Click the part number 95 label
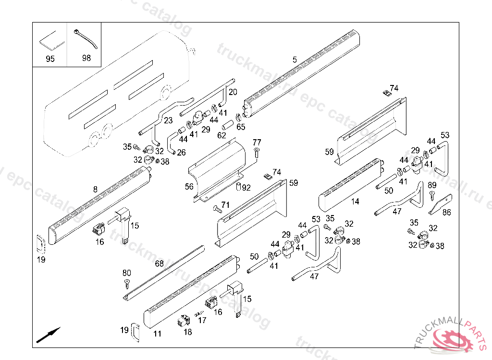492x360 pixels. point(49,59)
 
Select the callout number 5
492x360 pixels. point(295,60)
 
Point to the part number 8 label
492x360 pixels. point(95,190)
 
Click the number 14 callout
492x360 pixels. point(355,202)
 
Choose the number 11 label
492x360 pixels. point(157,334)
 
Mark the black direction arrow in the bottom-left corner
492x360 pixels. point(48,334)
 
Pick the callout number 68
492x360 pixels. point(159,264)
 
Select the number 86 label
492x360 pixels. point(447,212)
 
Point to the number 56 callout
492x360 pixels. point(190,186)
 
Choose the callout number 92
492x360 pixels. point(246,188)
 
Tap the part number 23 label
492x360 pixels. point(168,120)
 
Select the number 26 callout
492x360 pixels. point(181,153)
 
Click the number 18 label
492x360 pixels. point(187,332)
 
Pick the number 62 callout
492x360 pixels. point(221,135)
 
